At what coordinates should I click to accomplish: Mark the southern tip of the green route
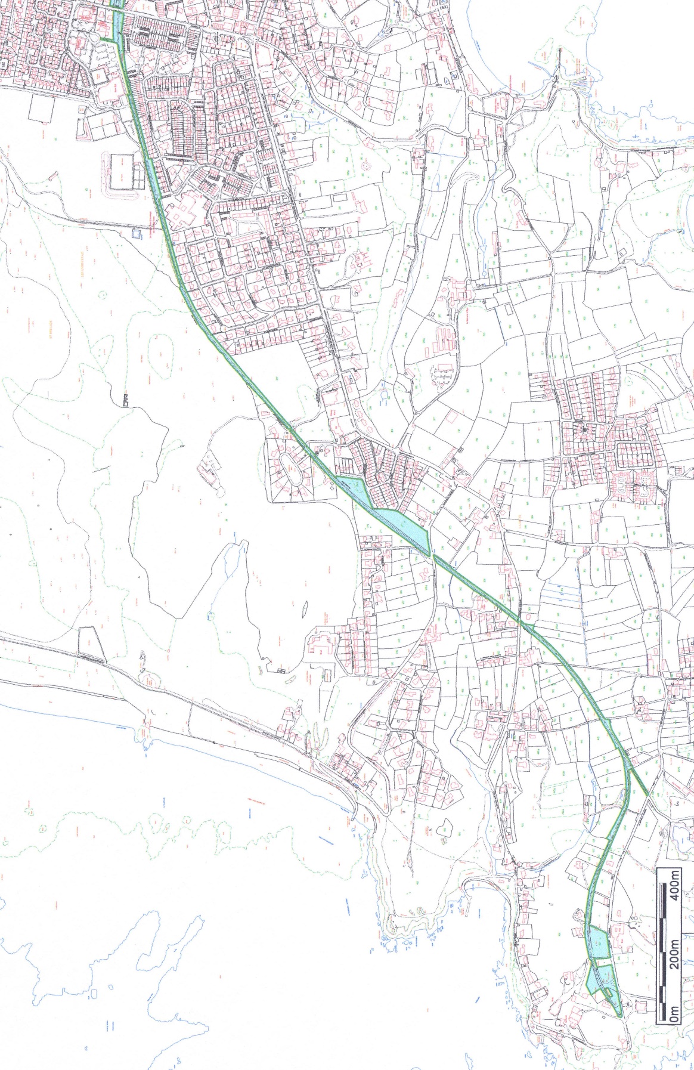coord(619,1015)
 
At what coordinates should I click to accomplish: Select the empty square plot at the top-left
coord(41,110)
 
